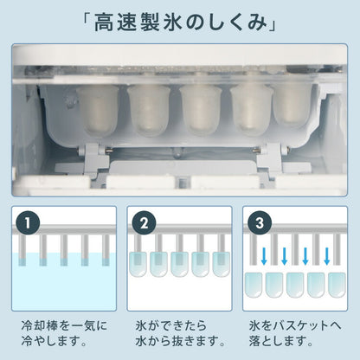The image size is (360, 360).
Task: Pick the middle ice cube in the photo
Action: pos(200,112)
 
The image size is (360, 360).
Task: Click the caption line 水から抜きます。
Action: pos(177,344)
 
